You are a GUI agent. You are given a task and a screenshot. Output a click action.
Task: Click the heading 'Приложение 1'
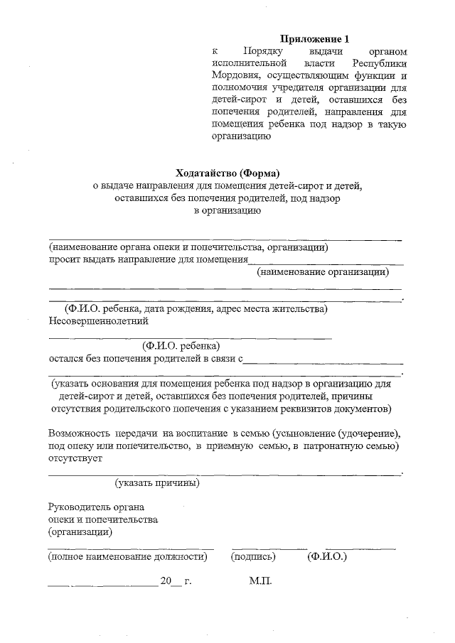click(x=314, y=39)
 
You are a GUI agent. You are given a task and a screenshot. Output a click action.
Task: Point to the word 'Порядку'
click(x=263, y=52)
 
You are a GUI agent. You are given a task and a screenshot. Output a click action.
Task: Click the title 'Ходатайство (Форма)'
click(x=228, y=173)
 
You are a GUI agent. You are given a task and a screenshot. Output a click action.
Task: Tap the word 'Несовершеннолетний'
click(x=98, y=321)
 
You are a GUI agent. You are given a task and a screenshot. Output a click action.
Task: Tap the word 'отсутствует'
click(x=75, y=458)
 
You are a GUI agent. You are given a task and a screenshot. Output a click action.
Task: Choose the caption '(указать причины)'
click(x=156, y=483)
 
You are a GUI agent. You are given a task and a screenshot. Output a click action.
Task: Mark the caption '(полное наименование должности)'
click(x=127, y=558)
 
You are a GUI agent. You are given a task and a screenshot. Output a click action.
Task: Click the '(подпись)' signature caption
click(x=253, y=558)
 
